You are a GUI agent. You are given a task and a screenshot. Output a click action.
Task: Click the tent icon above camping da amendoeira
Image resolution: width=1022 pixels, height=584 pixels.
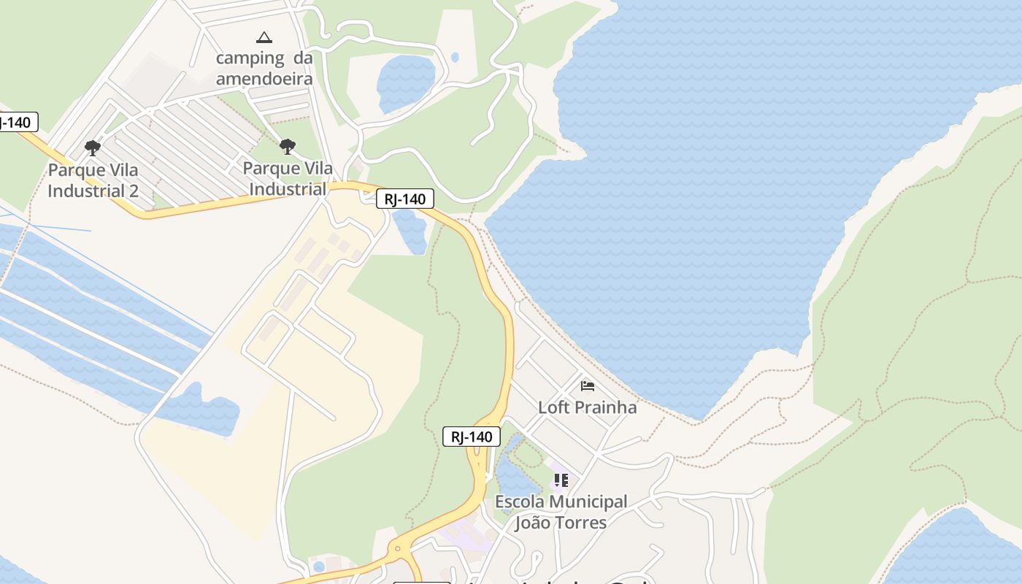tap(264, 37)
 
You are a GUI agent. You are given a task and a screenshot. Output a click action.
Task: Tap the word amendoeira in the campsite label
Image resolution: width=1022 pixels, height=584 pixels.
tap(264, 79)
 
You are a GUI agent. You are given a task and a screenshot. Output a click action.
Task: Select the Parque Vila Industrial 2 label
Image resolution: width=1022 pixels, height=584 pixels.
tap(93, 180)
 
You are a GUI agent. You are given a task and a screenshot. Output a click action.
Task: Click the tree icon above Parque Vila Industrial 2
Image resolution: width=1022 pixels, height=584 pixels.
tap(93, 148)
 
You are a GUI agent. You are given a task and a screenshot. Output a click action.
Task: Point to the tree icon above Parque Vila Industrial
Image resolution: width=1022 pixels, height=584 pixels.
tap(288, 147)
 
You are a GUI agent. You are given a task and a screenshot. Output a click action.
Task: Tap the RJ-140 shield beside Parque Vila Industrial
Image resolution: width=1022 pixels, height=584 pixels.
tap(405, 199)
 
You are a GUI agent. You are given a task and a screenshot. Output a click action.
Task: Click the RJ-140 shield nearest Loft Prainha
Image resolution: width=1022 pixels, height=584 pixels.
tap(472, 437)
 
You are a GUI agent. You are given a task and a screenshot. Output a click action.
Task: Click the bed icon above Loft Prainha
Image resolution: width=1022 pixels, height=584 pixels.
tap(588, 386)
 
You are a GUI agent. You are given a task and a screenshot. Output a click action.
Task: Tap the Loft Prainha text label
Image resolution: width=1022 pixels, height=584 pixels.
tap(587, 407)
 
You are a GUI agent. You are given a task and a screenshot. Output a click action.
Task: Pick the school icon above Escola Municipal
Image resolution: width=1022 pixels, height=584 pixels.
tap(561, 480)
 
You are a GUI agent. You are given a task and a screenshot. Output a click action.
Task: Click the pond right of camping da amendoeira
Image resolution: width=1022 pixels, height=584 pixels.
tap(406, 82)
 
